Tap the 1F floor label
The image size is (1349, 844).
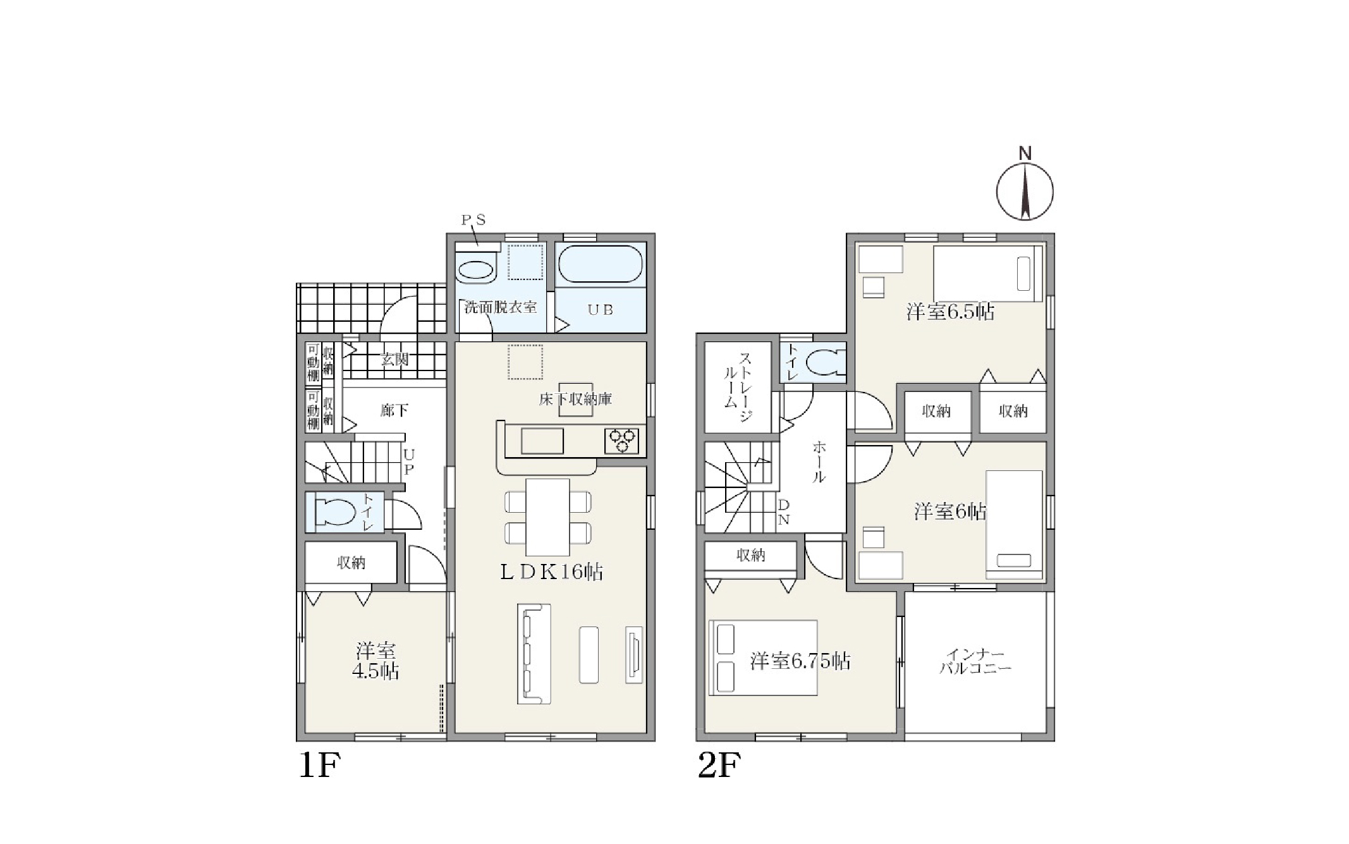pyautogui.click(x=319, y=766)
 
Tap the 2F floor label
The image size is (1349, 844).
pyautogui.click(x=719, y=766)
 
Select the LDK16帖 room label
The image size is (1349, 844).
pyautogui.click(x=551, y=572)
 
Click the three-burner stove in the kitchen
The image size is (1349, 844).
pyautogui.click(x=621, y=440)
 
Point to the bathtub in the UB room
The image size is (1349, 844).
pyautogui.click(x=601, y=264)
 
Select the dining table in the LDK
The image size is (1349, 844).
pyautogui.click(x=547, y=517)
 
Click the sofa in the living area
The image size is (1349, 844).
pyautogui.click(x=534, y=654)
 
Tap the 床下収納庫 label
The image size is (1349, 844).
pyautogui.click(x=575, y=399)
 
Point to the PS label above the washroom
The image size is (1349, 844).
pyautogui.click(x=473, y=220)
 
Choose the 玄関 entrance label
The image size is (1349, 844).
pyautogui.click(x=394, y=360)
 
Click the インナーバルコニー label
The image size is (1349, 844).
pyautogui.click(x=975, y=661)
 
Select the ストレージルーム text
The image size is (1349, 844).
pyautogui.click(x=737, y=386)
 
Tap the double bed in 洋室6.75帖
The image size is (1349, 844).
pyautogui.click(x=764, y=657)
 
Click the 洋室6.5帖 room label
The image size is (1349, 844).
pyautogui.click(x=950, y=312)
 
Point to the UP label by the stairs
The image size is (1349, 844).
pyautogui.click(x=408, y=462)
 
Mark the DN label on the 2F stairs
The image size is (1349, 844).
pyautogui.click(x=783, y=513)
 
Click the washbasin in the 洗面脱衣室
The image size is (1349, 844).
pyautogui.click(x=477, y=271)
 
